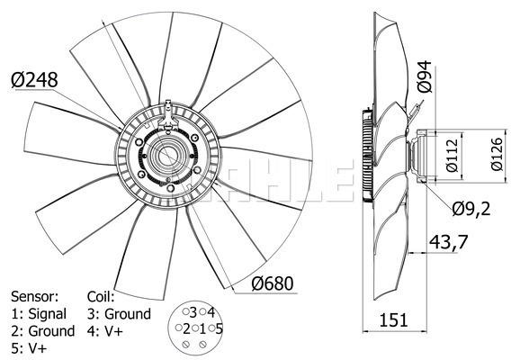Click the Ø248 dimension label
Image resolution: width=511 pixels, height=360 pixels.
[34, 80]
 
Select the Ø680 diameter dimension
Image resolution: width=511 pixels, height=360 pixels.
[273, 283]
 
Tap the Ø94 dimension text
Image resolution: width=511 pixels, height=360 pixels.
[425, 76]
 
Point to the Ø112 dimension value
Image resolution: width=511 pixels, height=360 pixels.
[453, 156]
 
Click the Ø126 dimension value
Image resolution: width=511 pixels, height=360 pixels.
[498, 154]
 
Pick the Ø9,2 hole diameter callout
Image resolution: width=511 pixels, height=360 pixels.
[471, 209]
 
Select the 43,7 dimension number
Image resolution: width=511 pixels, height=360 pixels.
[448, 242]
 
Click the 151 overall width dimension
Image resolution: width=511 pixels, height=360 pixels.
[394, 319]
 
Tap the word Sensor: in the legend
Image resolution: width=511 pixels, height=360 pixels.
[34, 296]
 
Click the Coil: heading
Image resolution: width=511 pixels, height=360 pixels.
[101, 296]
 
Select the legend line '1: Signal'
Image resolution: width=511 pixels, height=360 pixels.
[39, 314]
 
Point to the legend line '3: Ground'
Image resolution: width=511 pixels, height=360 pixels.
[119, 314]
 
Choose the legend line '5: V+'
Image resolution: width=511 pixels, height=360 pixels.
[29, 348]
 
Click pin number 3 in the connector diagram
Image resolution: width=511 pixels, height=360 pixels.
[193, 312]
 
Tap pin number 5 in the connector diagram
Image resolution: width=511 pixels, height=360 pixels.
[219, 328]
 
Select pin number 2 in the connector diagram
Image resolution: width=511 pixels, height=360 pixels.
[186, 329]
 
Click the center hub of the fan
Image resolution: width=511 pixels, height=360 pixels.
[166, 157]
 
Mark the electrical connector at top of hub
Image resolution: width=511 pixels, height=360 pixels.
[168, 116]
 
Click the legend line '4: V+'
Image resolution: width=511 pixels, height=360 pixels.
[105, 331]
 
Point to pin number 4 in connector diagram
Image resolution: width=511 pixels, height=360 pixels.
[211, 312]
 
